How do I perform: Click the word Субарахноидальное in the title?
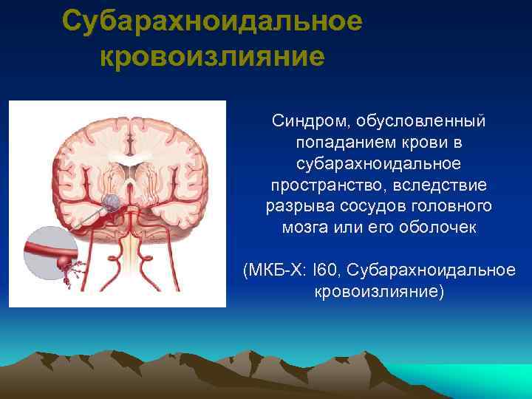pos(212,21)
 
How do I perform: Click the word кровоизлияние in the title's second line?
pos(212,56)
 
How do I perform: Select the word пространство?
pos(318,184)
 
